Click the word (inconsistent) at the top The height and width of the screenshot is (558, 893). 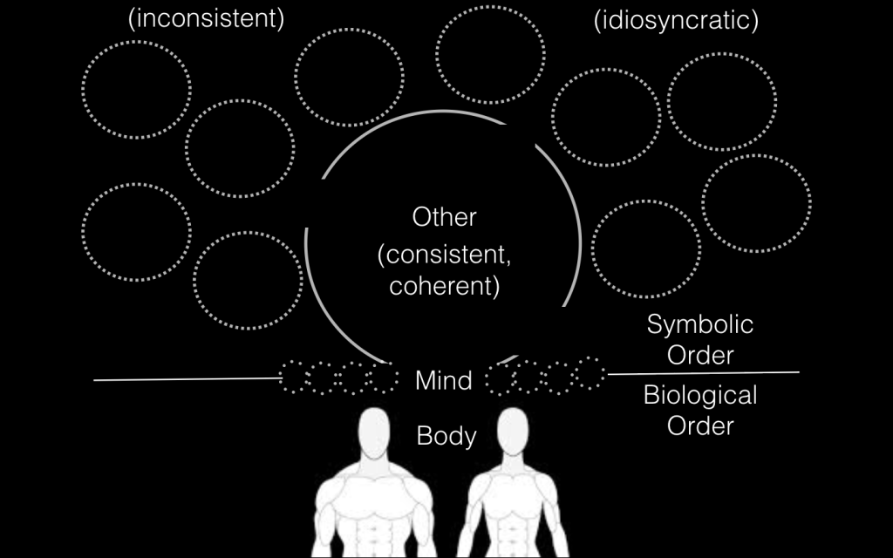pos(206,20)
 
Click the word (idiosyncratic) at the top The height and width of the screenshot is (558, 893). pos(676,20)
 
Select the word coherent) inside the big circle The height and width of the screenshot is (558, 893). pos(445,286)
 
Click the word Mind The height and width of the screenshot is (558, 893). pos(444,380)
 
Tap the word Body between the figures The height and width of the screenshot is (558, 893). pos(446,435)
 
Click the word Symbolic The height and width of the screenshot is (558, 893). pos(700,325)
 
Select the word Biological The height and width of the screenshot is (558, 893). pos(700,396)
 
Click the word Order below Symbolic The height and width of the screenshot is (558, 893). pos(700,356)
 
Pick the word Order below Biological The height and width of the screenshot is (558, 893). pos(700,426)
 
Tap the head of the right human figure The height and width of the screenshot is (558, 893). pos(513,431)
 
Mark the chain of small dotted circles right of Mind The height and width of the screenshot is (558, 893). pos(546,375)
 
